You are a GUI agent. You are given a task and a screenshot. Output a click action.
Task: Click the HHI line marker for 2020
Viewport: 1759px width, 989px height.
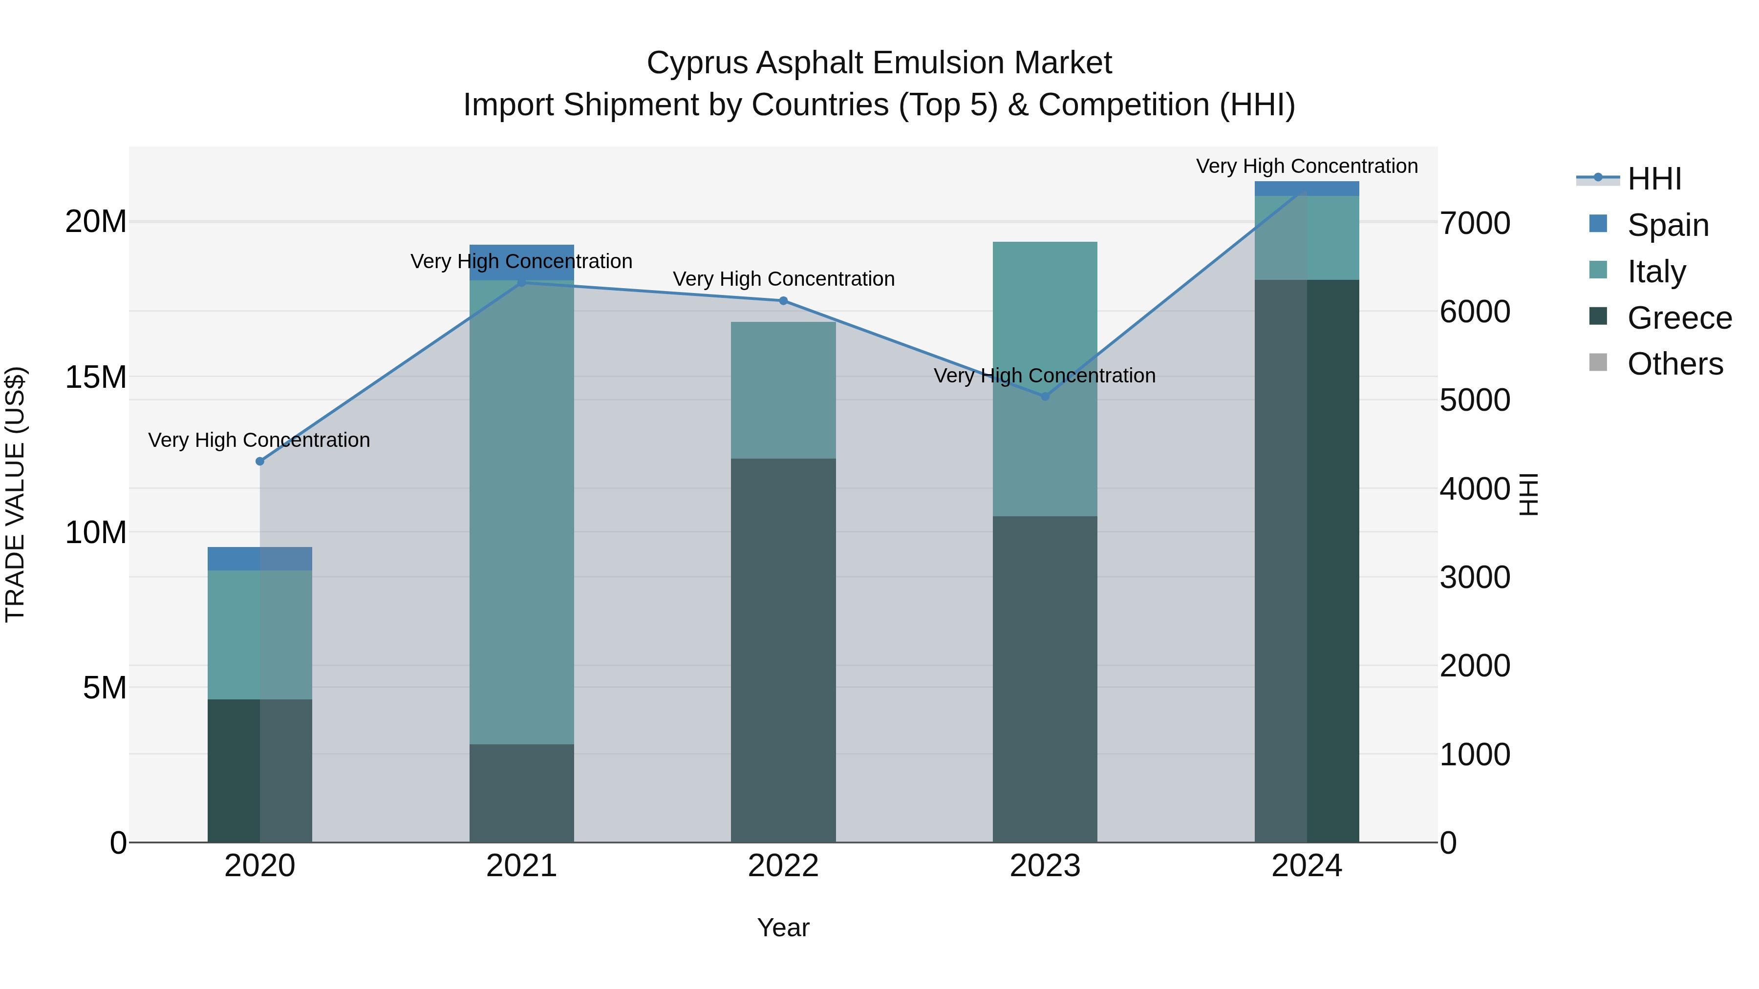pos(259,462)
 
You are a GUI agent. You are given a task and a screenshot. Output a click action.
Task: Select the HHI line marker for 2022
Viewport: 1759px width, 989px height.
pos(783,301)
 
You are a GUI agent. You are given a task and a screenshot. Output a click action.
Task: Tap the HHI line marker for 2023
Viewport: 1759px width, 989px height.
pos(1045,397)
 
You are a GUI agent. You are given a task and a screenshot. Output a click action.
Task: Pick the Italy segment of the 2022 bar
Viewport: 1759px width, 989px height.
pos(783,390)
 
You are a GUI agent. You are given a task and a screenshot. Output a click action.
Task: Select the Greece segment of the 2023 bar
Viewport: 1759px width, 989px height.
pos(1045,679)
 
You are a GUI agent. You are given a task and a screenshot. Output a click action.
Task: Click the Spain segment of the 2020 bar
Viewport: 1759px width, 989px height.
pos(259,558)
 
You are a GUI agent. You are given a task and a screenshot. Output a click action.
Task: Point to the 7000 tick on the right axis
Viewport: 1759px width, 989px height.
pos(1475,223)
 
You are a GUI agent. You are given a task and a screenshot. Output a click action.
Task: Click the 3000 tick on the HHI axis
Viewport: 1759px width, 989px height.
pos(1475,577)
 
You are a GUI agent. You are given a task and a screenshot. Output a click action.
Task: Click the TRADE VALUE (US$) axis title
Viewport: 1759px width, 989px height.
pos(15,494)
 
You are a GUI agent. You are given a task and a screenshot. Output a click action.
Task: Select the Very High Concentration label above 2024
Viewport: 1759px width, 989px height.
pos(1306,167)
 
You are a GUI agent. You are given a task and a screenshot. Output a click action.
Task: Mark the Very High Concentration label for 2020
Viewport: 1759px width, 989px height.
pos(259,440)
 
